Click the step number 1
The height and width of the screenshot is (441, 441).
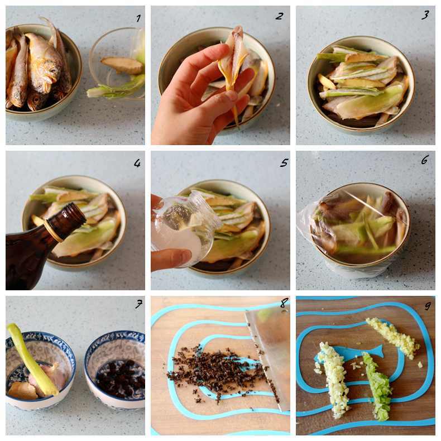coord(138,18)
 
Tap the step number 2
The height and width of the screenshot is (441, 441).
coord(279,16)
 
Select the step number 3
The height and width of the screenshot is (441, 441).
coord(425,15)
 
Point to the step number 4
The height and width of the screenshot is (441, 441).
coord(137,163)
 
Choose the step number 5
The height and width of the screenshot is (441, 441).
coord(284,162)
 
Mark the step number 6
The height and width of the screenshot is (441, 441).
coord(425,160)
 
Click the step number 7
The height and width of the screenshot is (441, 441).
coord(138,304)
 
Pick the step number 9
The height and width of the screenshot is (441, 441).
coord(428,305)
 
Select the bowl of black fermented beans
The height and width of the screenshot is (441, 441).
coord(115,369)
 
